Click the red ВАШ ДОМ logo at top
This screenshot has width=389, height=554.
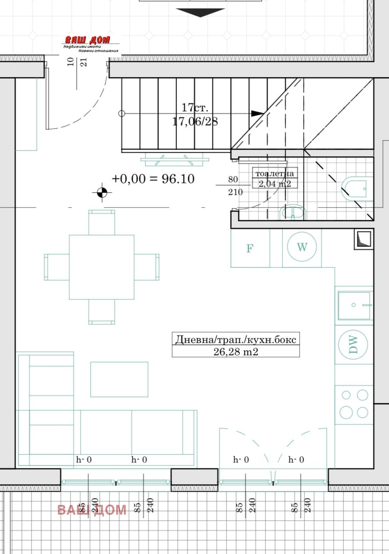(x=88, y=39)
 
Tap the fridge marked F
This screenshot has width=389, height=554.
(x=250, y=248)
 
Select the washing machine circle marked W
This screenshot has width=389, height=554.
(x=302, y=247)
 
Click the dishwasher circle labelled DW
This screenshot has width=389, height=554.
(x=353, y=344)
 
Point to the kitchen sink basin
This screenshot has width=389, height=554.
(x=354, y=305)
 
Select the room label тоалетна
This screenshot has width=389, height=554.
(x=275, y=173)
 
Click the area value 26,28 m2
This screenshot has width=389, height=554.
(x=236, y=351)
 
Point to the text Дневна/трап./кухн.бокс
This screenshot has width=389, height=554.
(x=236, y=339)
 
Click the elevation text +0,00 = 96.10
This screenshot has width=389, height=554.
(x=153, y=179)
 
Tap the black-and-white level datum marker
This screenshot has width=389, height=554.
(x=102, y=192)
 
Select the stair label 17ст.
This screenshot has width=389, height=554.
(x=195, y=107)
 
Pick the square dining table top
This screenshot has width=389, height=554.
(x=102, y=267)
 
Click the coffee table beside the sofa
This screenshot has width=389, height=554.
(x=119, y=380)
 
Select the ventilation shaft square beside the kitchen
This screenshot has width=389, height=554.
(x=364, y=239)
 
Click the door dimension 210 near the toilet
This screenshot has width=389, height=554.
(x=235, y=192)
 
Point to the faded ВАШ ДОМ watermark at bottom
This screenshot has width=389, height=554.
(x=92, y=510)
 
